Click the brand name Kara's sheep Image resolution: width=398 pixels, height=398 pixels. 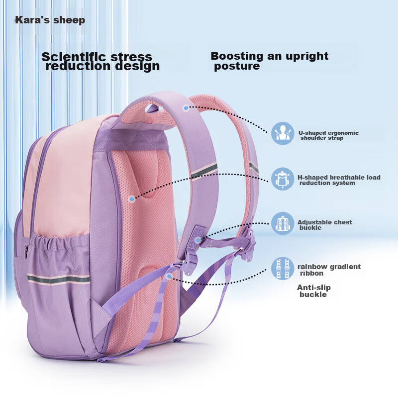pos(50,20)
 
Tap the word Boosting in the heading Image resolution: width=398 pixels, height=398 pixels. pos(237,56)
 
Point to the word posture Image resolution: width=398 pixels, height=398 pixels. pos(237,67)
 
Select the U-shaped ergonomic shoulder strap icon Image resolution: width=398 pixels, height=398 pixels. pos(283,133)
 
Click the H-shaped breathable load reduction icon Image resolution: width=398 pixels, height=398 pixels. pos(283,179)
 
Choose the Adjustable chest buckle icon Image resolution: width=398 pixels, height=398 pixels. pos(283,223)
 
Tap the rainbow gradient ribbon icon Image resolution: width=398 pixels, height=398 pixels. pos(283,269)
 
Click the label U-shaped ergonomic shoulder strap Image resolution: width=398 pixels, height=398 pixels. pos(328,135)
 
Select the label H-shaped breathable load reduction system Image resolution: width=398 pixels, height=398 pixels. pos(338,180)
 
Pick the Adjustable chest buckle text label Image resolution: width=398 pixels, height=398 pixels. pos(324,225)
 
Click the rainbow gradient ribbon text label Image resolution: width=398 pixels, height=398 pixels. pos(329,270)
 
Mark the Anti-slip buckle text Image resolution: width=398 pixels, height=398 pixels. pos(313,291)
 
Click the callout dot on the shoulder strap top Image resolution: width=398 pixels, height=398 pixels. pos(186,107)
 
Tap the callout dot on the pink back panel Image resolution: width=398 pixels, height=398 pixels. pos(131,199)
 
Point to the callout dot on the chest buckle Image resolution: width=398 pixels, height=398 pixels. pos(198,240)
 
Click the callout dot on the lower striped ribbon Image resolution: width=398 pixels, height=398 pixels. pos(169,275)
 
